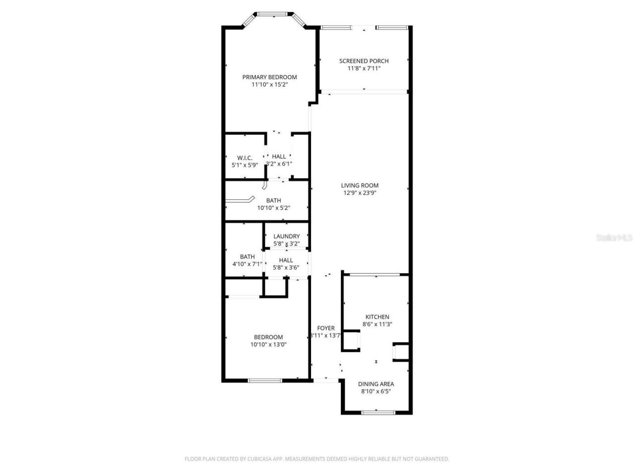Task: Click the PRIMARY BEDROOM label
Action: pyautogui.click(x=269, y=77)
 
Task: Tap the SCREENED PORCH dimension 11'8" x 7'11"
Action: pyautogui.click(x=364, y=69)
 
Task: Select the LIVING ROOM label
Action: pyautogui.click(x=360, y=186)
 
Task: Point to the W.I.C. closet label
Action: pyautogui.click(x=245, y=158)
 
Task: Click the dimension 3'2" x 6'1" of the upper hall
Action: pyautogui.click(x=279, y=164)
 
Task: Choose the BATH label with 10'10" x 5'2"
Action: pyautogui.click(x=273, y=200)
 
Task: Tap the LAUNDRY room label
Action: pyautogui.click(x=286, y=237)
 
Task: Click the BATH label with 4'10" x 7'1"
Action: pyautogui.click(x=247, y=257)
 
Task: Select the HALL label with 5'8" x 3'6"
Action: pyautogui.click(x=286, y=260)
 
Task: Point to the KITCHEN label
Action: pyautogui.click(x=377, y=317)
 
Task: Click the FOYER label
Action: pyautogui.click(x=326, y=328)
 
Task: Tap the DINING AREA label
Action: pyautogui.click(x=376, y=383)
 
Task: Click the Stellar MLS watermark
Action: pyautogui.click(x=614, y=238)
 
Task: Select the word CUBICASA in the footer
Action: pyautogui.click(x=260, y=459)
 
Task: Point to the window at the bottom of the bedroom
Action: pyautogui.click(x=265, y=380)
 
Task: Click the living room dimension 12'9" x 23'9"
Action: pyautogui.click(x=360, y=193)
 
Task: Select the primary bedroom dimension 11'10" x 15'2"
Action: pyautogui.click(x=269, y=85)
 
